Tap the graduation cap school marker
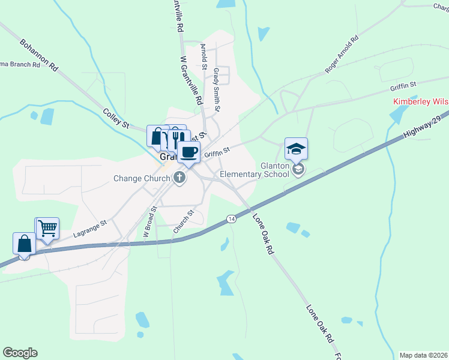pos(296,149)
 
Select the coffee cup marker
pos(189,152)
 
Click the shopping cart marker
pos(47,228)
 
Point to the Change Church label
pos(141,178)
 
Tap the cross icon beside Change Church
pos(179,178)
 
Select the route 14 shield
pos(231,219)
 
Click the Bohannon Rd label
pos(38,56)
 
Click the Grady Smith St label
pos(217,89)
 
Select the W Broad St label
pos(149,223)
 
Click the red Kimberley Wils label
pos(420,101)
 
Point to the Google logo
pos(20,353)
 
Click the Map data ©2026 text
pos(423,355)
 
